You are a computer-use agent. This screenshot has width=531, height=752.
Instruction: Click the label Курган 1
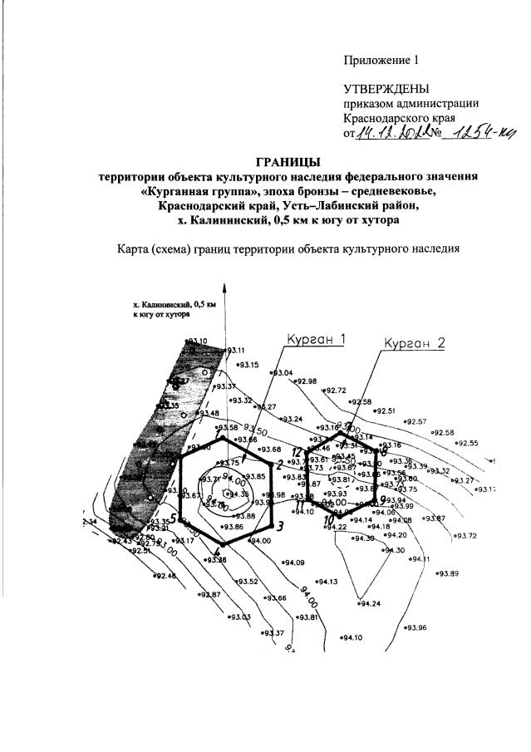click(x=315, y=341)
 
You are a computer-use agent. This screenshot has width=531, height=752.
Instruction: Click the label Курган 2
click(x=416, y=342)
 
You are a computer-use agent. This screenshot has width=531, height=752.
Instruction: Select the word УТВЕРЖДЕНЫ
click(x=387, y=88)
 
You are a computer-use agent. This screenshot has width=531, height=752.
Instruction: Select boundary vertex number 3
click(x=280, y=526)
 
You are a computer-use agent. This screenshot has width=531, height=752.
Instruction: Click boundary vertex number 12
click(x=297, y=451)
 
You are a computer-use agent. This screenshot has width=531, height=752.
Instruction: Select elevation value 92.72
click(x=337, y=391)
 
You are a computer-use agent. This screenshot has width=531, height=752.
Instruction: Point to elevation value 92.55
click(x=469, y=443)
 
